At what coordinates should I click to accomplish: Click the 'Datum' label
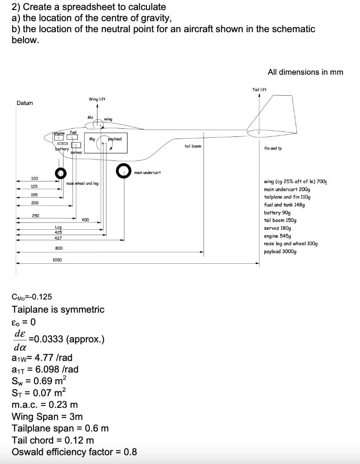(25, 103)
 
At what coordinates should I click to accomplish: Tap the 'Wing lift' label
(97, 99)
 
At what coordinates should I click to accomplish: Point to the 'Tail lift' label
(259, 89)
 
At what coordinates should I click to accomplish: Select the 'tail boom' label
(193, 146)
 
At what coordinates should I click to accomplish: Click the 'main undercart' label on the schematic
(147, 173)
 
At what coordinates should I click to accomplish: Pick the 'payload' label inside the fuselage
(115, 139)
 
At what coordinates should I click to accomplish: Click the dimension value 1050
(57, 260)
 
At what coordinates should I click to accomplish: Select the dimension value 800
(59, 248)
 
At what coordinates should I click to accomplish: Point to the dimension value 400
(85, 220)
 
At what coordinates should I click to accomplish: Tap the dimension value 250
(35, 215)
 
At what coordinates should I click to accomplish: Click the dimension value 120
(34, 178)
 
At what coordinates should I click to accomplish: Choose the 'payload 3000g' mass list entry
(280, 251)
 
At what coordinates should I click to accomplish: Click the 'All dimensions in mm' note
(306, 72)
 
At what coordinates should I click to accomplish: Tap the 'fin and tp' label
(272, 148)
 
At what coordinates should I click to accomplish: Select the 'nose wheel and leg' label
(83, 184)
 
